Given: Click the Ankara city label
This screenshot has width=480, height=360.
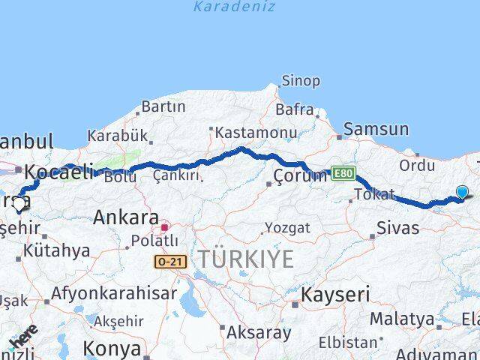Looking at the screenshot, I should click(x=125, y=217).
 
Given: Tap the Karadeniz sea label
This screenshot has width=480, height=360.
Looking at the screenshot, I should click(x=234, y=7).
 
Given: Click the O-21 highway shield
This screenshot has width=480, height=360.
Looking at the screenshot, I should click(x=170, y=261).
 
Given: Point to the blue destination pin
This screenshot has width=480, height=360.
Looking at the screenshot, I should click(x=462, y=193).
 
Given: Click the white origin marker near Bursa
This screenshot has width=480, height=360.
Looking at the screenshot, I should click(x=19, y=202).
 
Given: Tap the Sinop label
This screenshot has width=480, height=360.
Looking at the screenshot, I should click(x=300, y=80).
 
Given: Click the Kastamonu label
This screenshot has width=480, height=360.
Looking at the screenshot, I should click(x=256, y=132).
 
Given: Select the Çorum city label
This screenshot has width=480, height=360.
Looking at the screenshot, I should click(x=300, y=176).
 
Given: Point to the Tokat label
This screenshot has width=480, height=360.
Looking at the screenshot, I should click(x=375, y=194).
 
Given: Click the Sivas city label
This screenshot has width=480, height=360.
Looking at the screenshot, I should click(x=397, y=227).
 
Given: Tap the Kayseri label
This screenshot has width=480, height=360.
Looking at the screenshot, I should click(x=335, y=295).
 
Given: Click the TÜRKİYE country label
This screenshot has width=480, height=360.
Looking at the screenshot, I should click(x=246, y=259).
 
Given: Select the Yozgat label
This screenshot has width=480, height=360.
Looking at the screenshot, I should click(x=287, y=227).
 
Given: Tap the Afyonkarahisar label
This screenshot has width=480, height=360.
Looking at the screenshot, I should click(x=114, y=293).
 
